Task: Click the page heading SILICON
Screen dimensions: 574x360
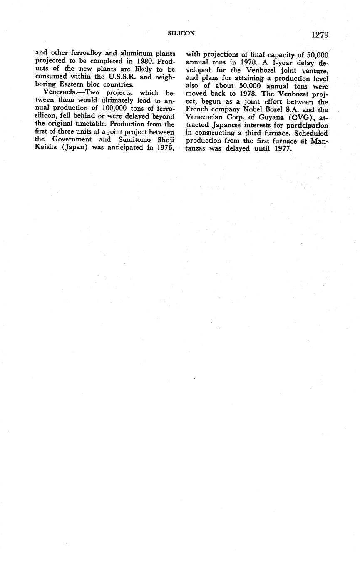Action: (x=181, y=33)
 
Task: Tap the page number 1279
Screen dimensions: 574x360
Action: (x=320, y=35)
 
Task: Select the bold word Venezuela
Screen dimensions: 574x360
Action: (x=60, y=93)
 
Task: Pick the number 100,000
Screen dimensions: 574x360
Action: (x=118, y=109)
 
